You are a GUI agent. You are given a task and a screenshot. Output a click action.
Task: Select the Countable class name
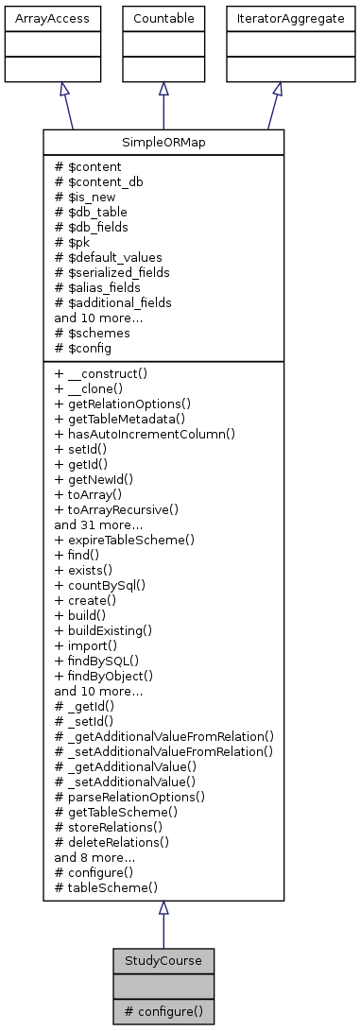click(x=163, y=18)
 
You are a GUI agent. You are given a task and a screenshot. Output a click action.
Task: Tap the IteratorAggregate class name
click(x=277, y=18)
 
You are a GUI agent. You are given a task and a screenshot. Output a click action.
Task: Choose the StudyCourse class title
click(x=163, y=960)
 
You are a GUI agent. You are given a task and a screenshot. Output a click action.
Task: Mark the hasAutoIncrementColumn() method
click(x=145, y=434)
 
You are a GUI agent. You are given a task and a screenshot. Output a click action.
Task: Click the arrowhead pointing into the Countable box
click(x=163, y=87)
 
